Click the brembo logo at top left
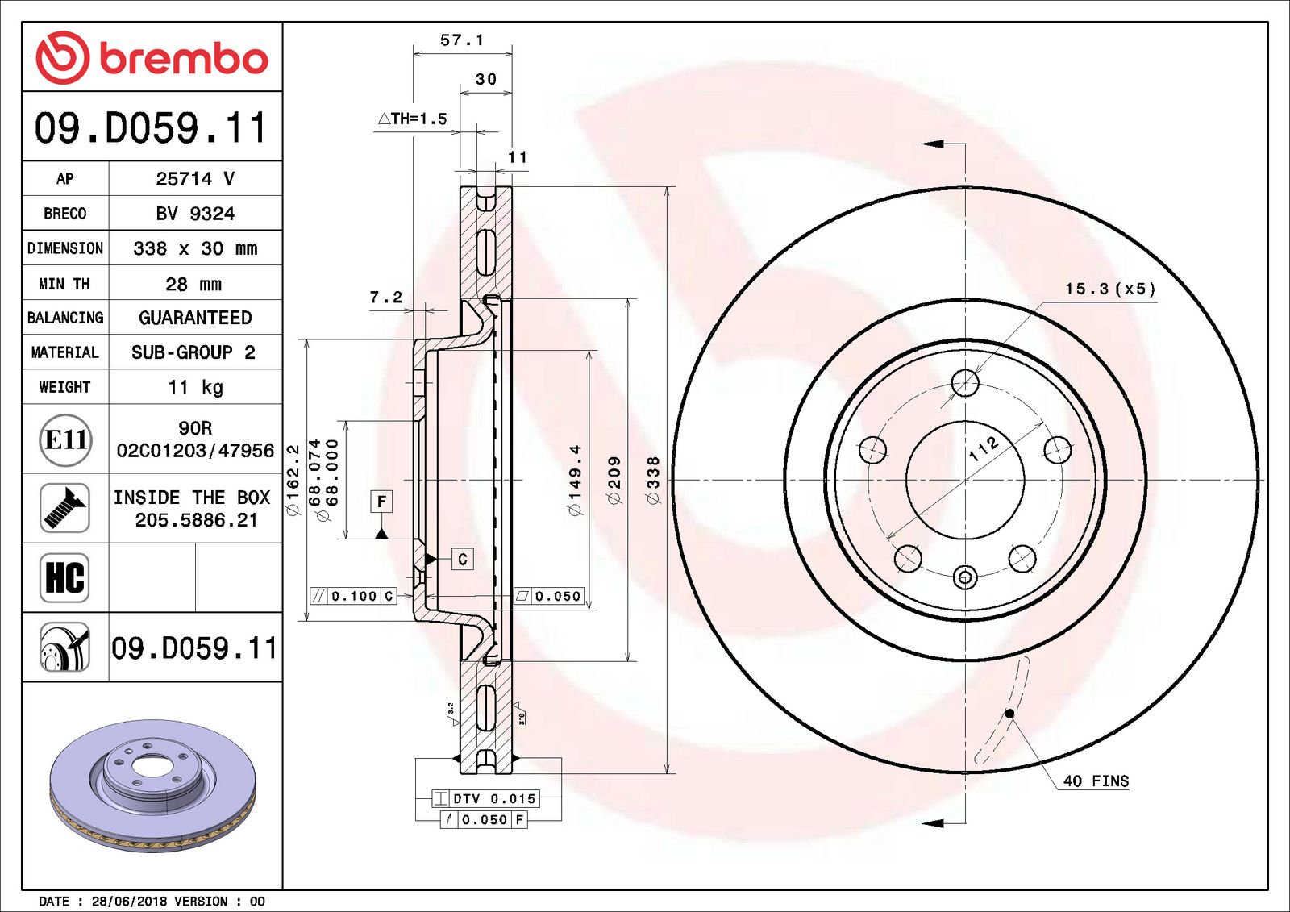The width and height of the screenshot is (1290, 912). (152, 57)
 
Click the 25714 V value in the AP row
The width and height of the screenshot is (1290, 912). (195, 178)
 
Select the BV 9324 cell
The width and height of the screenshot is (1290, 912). (195, 214)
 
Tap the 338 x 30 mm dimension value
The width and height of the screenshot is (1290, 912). (195, 248)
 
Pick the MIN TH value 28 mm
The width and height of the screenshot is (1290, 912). (193, 284)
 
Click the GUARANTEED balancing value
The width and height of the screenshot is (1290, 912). (195, 318)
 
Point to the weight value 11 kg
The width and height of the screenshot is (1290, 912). (195, 387)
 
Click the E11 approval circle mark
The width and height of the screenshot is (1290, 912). (65, 439)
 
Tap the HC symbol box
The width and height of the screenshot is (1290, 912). (64, 577)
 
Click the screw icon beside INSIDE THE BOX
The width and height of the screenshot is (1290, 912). (64, 508)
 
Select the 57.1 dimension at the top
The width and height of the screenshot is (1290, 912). (462, 40)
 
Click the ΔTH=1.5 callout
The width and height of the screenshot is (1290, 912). (412, 119)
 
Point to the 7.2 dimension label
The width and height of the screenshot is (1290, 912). (385, 297)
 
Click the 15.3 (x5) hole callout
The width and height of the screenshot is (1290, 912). (1110, 289)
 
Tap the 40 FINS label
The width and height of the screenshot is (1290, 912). (1096, 781)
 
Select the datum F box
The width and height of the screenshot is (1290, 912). (381, 502)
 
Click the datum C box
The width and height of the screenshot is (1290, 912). (462, 559)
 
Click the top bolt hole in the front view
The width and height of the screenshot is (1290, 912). (965, 383)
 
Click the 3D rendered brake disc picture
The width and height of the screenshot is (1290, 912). (152, 785)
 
